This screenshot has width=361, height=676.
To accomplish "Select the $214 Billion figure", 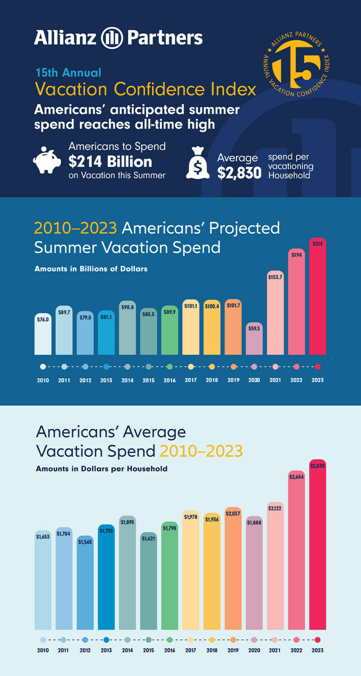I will pyautogui.click(x=110, y=162).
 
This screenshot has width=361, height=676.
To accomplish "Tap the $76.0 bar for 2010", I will pyautogui.click(x=43, y=333).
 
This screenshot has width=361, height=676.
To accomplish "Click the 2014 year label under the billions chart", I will pyautogui.click(x=127, y=380).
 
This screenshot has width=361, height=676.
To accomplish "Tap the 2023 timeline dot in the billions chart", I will pyautogui.click(x=318, y=367).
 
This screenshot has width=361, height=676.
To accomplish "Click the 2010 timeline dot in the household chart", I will pyautogui.click(x=43, y=640).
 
